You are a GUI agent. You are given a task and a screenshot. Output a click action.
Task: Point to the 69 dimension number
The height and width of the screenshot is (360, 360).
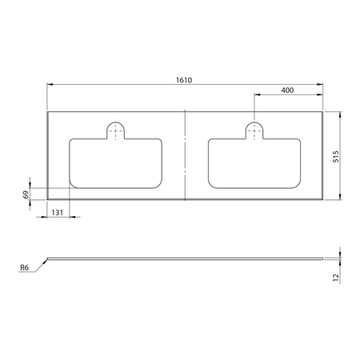26,194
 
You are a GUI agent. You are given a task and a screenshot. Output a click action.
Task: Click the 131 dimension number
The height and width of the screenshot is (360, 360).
57,212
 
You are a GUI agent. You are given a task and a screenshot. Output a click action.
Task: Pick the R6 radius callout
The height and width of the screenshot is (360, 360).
26,270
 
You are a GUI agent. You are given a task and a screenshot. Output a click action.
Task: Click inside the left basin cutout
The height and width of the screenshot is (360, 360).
117,163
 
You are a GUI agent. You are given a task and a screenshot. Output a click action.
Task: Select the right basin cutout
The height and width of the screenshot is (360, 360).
254,163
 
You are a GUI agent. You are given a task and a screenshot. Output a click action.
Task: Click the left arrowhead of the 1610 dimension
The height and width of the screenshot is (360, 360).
50,84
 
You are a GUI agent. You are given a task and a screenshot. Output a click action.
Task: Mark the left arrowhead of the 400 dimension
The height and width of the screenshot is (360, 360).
257,95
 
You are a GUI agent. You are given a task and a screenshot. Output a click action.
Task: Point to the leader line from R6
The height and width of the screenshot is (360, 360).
40,265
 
